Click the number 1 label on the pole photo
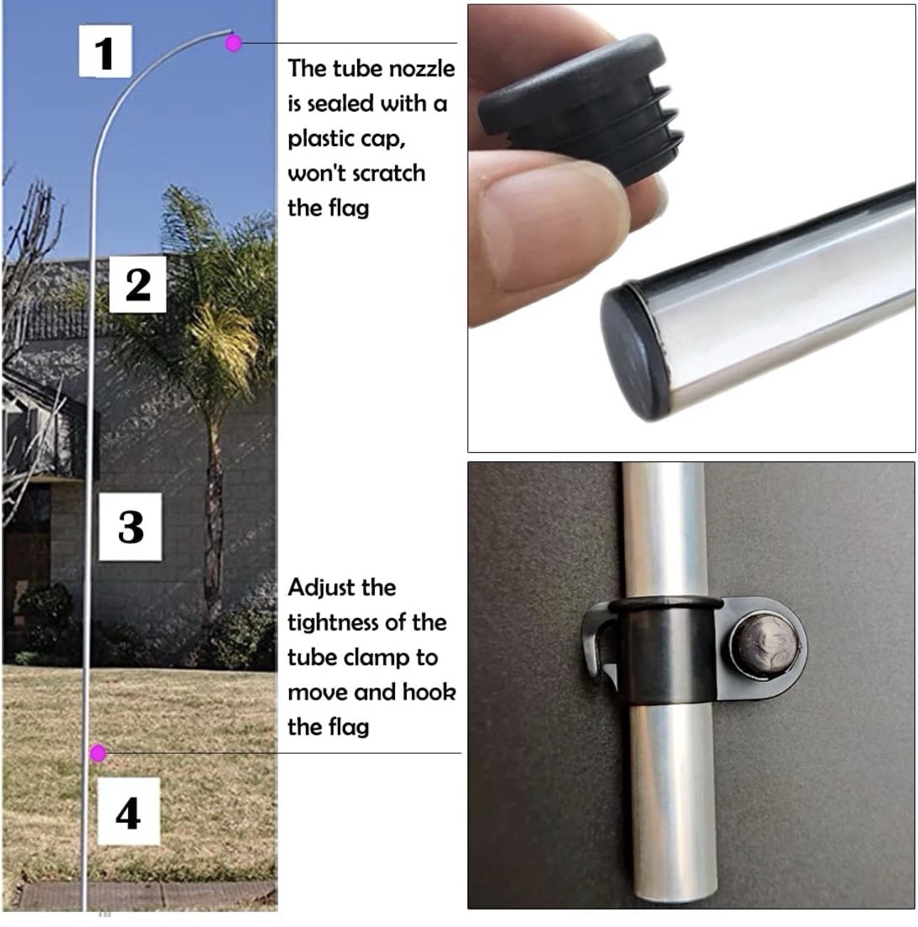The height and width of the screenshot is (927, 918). pos(105,51)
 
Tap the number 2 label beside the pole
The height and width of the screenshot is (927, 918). pos(137,284)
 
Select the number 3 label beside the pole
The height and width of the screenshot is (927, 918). pos(130,527)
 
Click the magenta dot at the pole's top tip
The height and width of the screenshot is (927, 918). pos(233,43)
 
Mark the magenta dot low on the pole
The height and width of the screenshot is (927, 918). pos(98,753)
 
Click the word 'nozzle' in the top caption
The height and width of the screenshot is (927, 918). pos(421,69)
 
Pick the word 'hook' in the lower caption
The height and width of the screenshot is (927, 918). pos(429,692)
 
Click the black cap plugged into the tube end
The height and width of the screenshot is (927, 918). pos(634,350)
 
